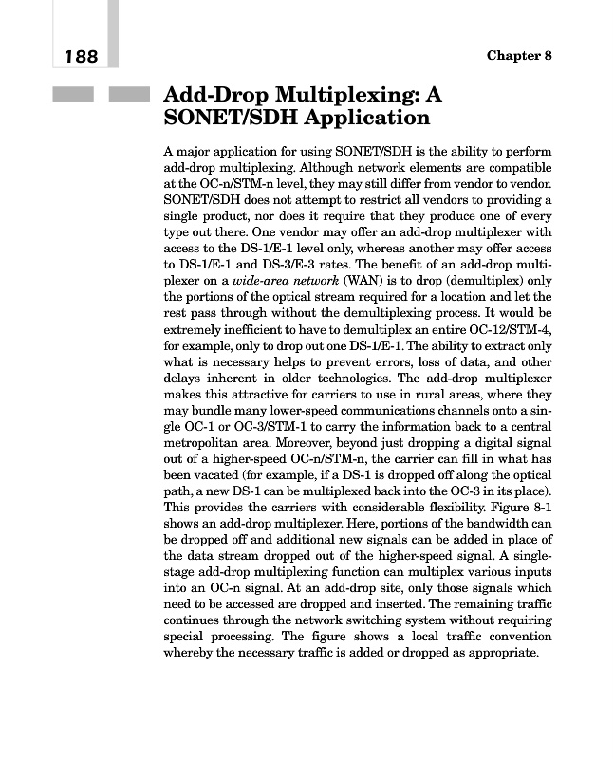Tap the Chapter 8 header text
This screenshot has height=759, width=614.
[x=519, y=55]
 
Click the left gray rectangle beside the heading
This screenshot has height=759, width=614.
[x=73, y=94]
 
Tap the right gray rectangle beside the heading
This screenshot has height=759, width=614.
[x=130, y=94]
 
